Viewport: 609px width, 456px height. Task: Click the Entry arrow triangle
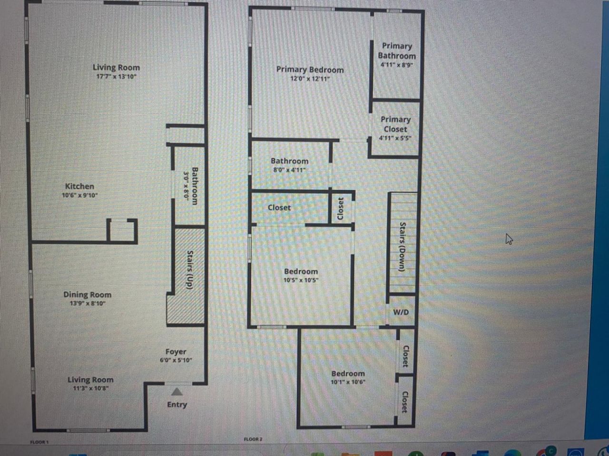pyautogui.click(x=177, y=392)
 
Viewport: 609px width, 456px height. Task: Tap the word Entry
pyautogui.click(x=177, y=405)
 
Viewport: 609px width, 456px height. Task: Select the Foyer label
pyautogui.click(x=176, y=351)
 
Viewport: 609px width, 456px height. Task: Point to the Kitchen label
pyautogui.click(x=79, y=186)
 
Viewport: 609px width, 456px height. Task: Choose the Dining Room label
pyautogui.click(x=87, y=294)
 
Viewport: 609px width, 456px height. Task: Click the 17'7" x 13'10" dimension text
pyautogui.click(x=117, y=76)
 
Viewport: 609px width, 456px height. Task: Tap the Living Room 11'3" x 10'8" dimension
pyautogui.click(x=90, y=388)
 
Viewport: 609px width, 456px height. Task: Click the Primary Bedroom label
pyautogui.click(x=310, y=69)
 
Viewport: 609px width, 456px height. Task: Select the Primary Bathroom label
pyautogui.click(x=396, y=51)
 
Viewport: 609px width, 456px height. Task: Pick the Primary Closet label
pyautogui.click(x=395, y=124)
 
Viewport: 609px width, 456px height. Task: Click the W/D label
pyautogui.click(x=401, y=312)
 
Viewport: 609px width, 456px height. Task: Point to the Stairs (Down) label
pyautogui.click(x=402, y=247)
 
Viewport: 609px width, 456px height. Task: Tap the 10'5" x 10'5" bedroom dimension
pyautogui.click(x=301, y=280)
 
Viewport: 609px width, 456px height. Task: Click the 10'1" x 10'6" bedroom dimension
pyautogui.click(x=348, y=382)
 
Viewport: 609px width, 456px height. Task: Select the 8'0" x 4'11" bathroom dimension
pyautogui.click(x=289, y=170)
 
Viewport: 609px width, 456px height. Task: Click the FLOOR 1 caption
pyautogui.click(x=39, y=442)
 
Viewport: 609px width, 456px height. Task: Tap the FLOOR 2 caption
pyautogui.click(x=253, y=439)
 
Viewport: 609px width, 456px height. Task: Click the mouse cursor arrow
pyautogui.click(x=509, y=238)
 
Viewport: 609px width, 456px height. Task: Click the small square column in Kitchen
pyautogui.click(x=122, y=231)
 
